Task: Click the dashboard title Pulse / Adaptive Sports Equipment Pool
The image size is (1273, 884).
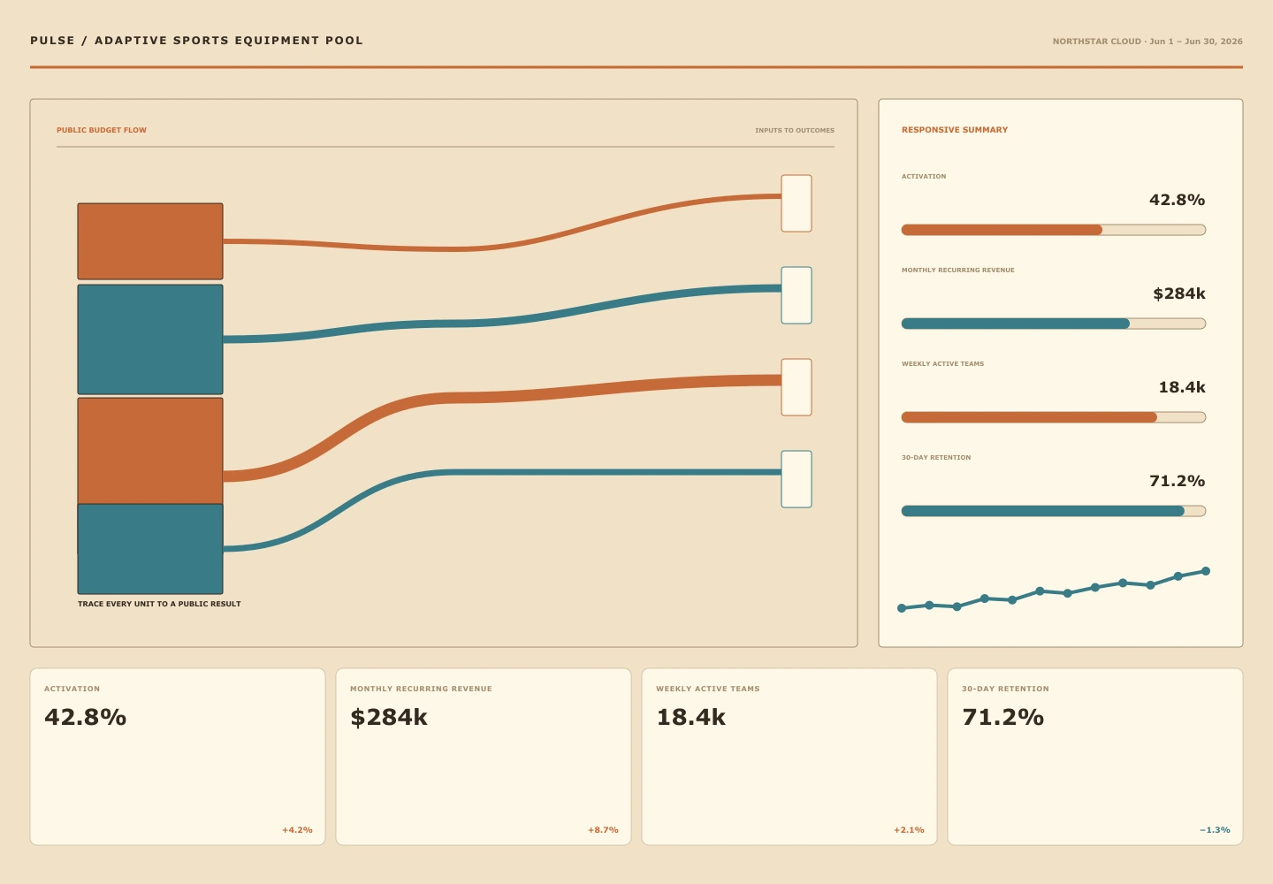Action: [x=196, y=41]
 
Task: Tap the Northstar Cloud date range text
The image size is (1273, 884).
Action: [x=1147, y=42]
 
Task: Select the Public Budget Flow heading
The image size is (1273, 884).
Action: [x=102, y=130]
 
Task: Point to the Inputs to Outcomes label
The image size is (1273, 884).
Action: [x=795, y=131]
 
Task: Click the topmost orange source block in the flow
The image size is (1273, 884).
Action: [x=150, y=241]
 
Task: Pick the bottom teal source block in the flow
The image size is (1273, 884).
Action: [x=150, y=549]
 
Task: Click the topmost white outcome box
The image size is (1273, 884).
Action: [x=797, y=203]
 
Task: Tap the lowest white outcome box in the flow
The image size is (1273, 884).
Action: [x=797, y=479]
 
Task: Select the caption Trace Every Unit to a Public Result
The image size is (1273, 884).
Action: [x=159, y=604]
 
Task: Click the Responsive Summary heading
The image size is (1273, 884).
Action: [x=955, y=130]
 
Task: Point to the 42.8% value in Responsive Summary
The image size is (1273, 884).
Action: [x=1177, y=200]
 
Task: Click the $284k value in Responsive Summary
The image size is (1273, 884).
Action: [x=1179, y=293]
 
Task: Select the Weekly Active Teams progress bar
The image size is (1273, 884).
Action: [x=1054, y=417]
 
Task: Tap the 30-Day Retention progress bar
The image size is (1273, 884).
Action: [x=1054, y=511]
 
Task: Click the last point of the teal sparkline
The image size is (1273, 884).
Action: [x=1206, y=571]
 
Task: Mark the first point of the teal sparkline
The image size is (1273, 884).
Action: [x=902, y=608]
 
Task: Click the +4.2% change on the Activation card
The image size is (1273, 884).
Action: [x=297, y=830]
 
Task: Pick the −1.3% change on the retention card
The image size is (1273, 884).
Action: [x=1215, y=830]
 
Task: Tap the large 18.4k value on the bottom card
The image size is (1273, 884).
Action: [x=691, y=718]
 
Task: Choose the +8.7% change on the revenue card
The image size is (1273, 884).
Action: [x=603, y=830]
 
